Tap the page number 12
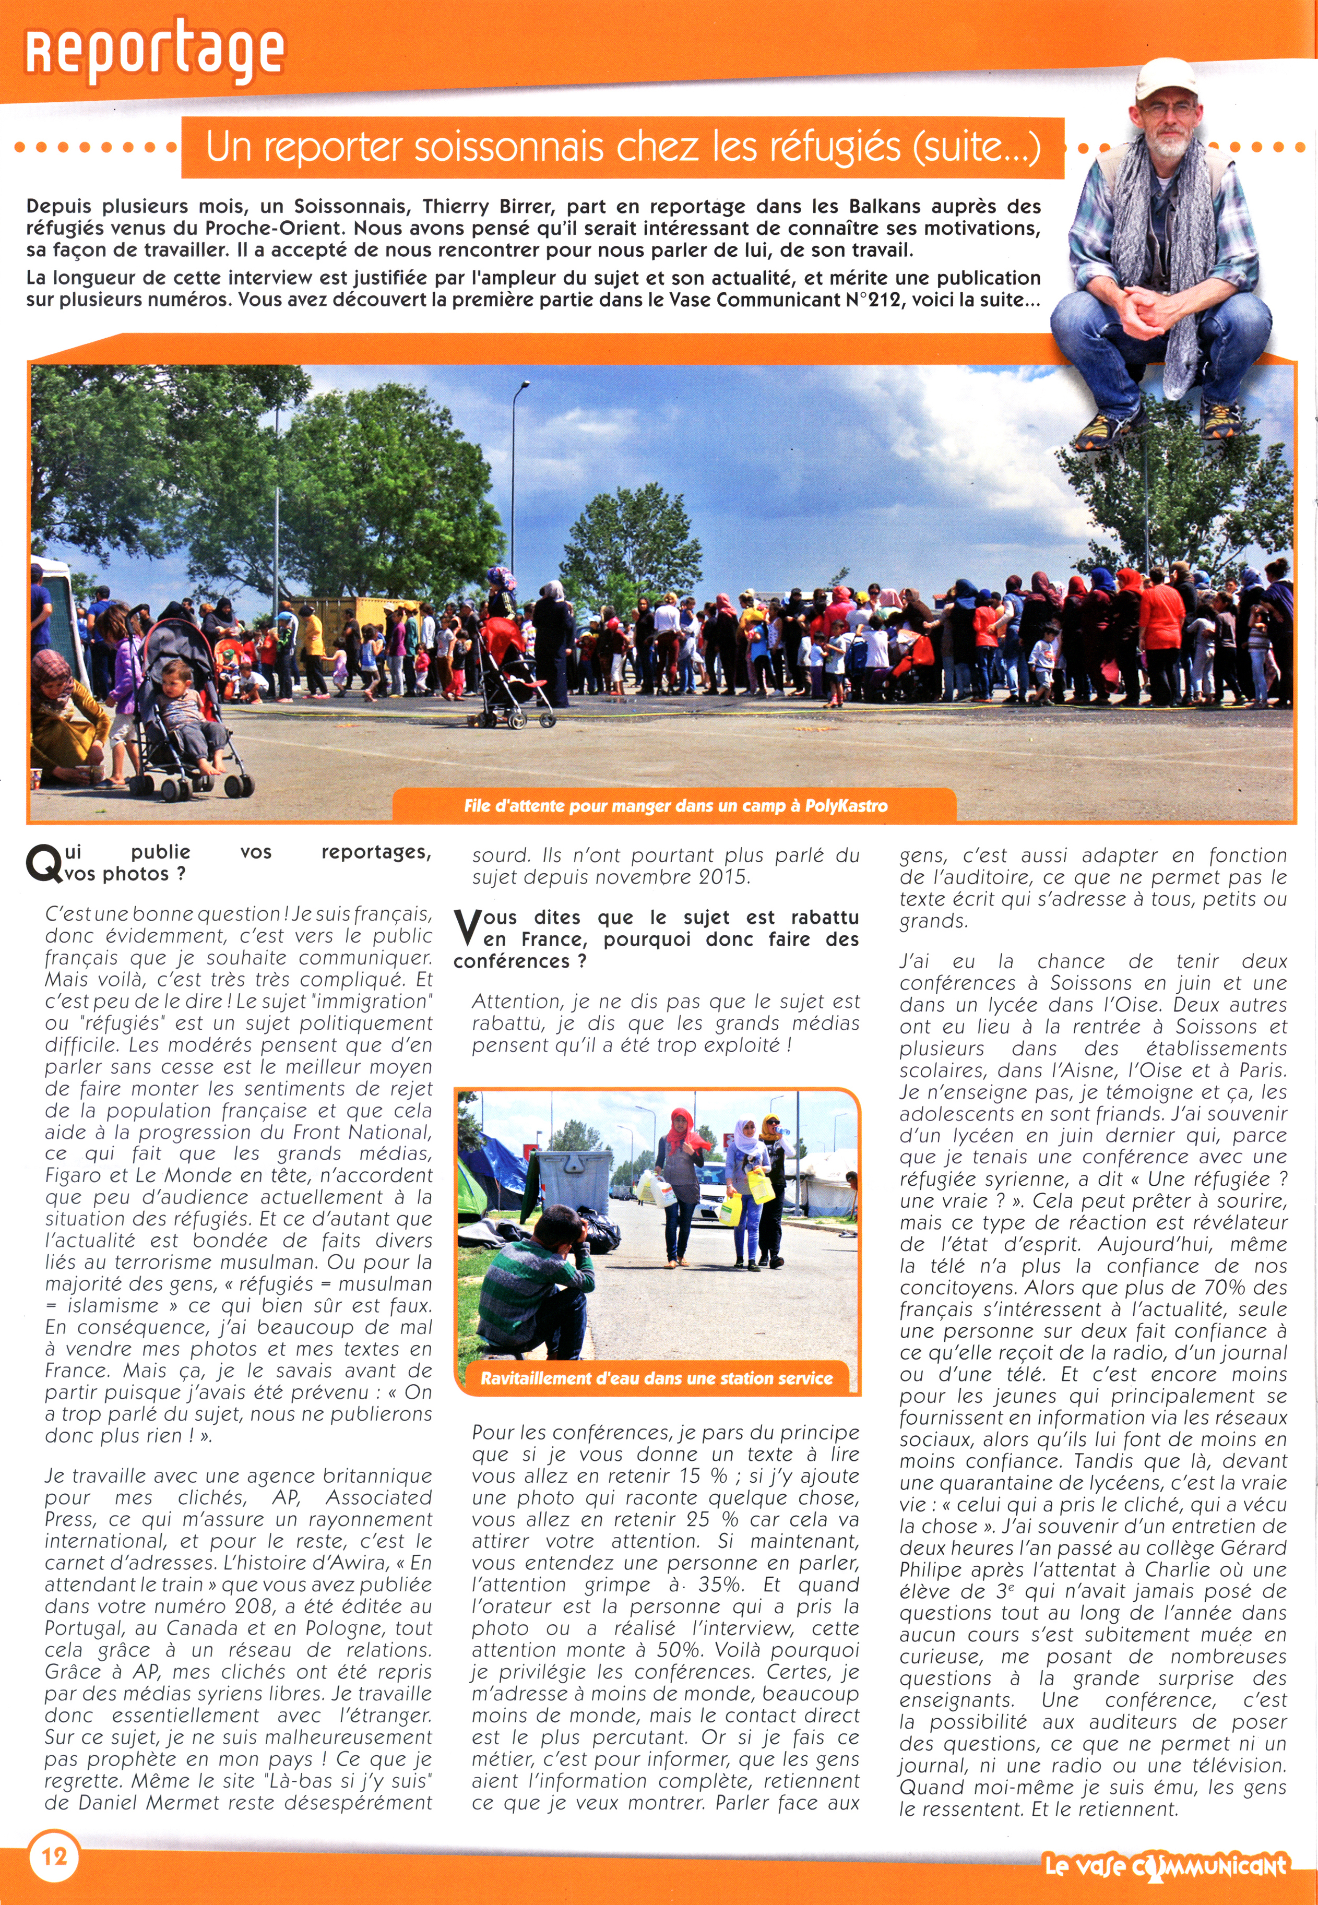click(54, 1857)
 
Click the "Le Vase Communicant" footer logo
click(1165, 1864)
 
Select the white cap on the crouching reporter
click(1165, 78)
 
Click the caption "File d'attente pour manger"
click(675, 805)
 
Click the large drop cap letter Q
click(42, 864)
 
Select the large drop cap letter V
click(468, 928)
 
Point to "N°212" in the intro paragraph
click(874, 299)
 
